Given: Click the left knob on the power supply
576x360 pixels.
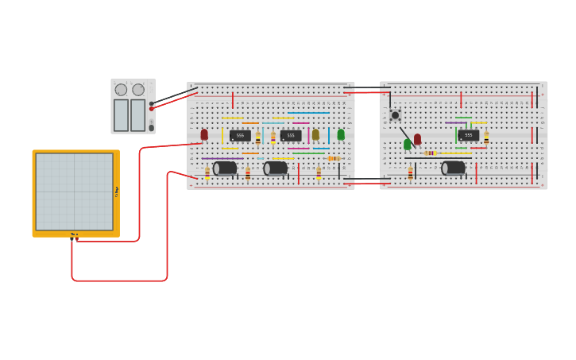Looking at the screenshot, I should (x=121, y=90).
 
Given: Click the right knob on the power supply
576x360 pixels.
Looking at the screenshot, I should (x=138, y=90).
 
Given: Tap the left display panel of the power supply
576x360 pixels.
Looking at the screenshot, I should (x=121, y=115).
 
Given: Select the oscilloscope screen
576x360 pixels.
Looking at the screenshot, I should (x=74, y=192).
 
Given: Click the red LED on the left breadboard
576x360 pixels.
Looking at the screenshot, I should (x=204, y=134).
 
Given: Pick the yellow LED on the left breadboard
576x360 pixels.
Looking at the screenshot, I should (x=315, y=134).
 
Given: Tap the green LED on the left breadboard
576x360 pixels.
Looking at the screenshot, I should (x=341, y=134).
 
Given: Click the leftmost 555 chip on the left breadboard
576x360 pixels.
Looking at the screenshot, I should (x=240, y=136).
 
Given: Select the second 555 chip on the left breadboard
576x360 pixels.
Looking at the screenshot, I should (x=291, y=136).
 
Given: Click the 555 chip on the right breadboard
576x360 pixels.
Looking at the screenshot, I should (x=468, y=135).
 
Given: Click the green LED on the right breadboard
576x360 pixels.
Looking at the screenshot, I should (x=408, y=144).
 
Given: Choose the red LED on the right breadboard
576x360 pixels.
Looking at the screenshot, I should (x=417, y=139).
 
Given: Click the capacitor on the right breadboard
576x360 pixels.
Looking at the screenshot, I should (x=454, y=168).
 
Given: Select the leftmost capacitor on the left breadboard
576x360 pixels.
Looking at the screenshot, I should (x=225, y=168).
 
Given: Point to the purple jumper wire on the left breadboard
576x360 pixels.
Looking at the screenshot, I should (x=222, y=158).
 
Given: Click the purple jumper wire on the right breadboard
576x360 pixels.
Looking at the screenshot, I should (x=455, y=122).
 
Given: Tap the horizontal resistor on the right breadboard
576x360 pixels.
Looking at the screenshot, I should (x=430, y=153).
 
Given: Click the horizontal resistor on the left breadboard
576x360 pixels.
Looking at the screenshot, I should (x=334, y=158).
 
